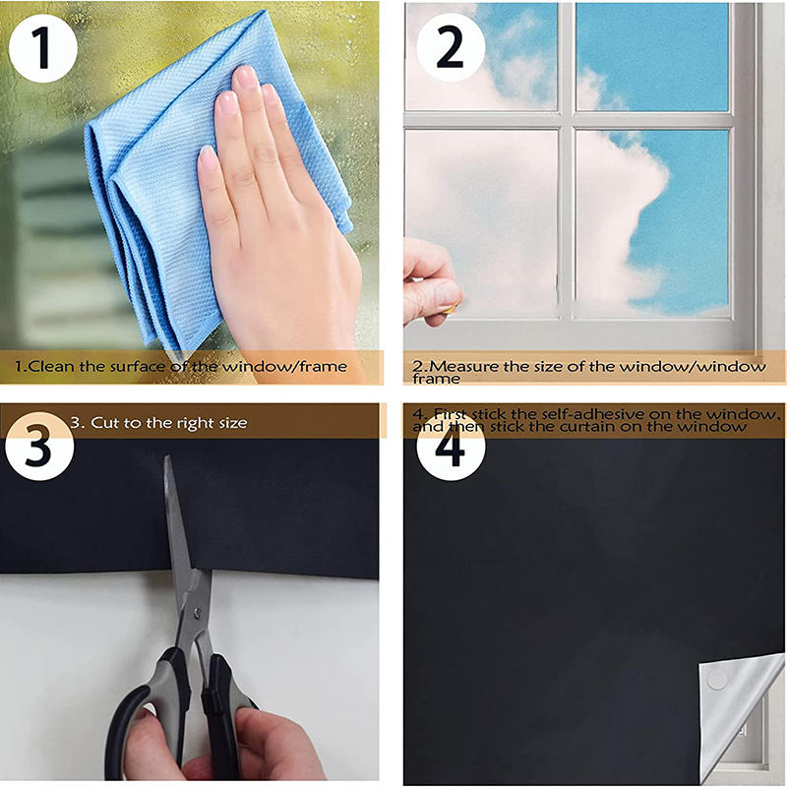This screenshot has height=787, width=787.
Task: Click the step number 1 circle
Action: [40, 46]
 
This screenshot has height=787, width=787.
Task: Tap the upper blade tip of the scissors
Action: [168, 462]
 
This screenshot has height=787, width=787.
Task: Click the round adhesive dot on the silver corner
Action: [717, 680]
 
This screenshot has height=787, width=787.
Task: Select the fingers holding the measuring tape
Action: [431, 280]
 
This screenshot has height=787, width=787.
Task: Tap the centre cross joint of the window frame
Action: [566, 120]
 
